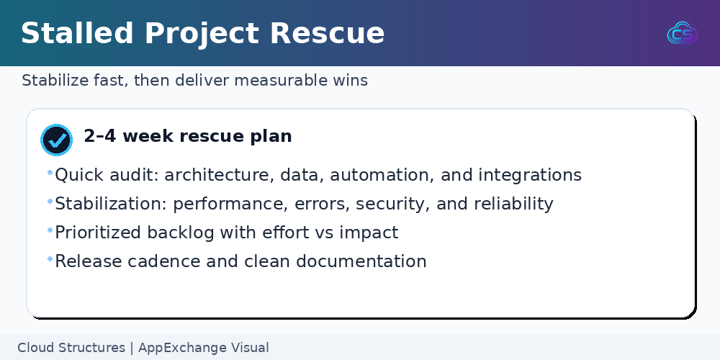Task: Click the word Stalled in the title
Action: [x=78, y=33]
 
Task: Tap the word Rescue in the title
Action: [x=327, y=33]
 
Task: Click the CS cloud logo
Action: [x=683, y=33]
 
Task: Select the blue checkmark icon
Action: [x=56, y=140]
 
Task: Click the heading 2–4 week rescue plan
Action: [x=188, y=136]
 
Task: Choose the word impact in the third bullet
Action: [x=369, y=233]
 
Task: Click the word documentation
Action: [x=361, y=261]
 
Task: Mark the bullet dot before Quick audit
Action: [x=50, y=173]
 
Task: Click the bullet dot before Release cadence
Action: [x=50, y=259]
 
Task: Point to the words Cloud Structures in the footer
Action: [x=71, y=348]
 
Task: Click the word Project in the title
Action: [x=202, y=34]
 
